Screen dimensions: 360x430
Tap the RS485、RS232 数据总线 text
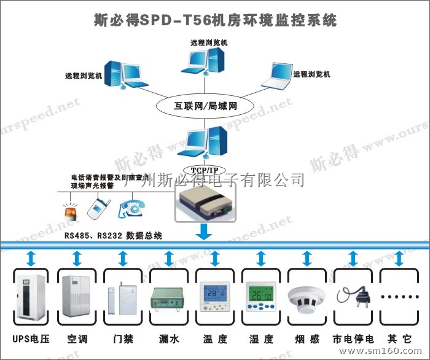[x=113, y=236]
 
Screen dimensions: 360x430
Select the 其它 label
[x=398, y=338]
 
